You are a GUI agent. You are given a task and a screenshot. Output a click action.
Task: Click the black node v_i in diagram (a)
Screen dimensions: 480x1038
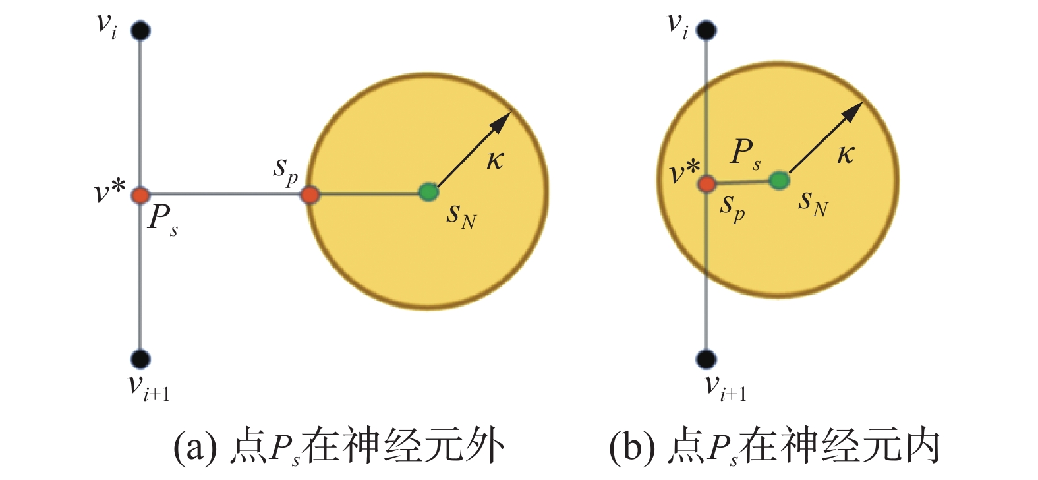140,30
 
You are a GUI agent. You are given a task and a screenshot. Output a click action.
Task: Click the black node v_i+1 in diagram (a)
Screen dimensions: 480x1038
140,359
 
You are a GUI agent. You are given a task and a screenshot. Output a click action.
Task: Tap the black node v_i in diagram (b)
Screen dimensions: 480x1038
706,30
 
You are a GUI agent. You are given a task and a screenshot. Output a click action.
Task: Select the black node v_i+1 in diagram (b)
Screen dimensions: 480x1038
706,359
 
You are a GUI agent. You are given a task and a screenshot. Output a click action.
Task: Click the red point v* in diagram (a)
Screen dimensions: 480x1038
140,195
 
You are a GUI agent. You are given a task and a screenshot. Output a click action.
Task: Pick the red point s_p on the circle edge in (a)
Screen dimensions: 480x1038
310,195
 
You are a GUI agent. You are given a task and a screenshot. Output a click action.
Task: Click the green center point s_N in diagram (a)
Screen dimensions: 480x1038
429,193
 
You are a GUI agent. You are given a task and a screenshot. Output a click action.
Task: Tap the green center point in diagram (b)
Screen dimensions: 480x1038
779,180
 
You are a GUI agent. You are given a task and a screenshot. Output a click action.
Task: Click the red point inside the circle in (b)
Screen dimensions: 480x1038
707,183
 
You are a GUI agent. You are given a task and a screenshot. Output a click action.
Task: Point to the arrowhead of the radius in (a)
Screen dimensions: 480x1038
504,119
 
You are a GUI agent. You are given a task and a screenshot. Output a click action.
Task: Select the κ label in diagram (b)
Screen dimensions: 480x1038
846,154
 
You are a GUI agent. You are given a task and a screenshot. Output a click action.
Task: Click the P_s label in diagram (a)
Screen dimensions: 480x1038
161,218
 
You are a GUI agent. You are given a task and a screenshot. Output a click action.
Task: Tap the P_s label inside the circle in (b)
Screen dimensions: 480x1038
745,153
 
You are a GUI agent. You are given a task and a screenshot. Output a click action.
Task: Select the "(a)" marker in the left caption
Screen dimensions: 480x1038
195,448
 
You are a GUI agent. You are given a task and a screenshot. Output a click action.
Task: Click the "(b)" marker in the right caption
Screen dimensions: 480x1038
631,448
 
